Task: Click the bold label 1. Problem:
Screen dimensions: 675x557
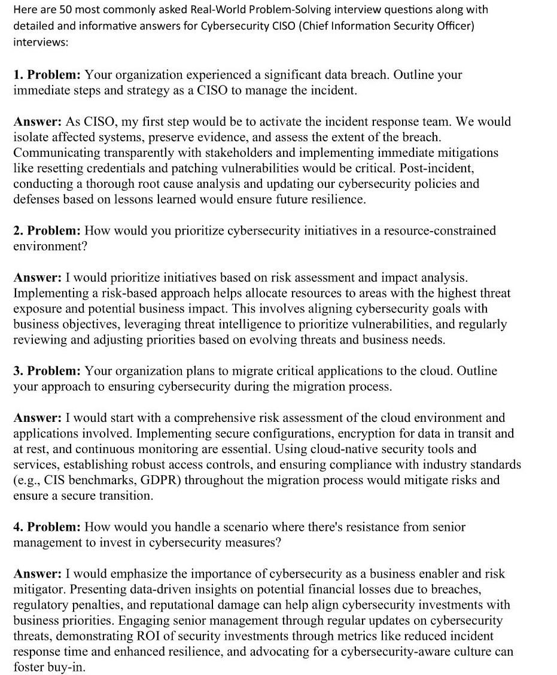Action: coord(47,75)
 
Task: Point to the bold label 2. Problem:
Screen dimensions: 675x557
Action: coord(47,230)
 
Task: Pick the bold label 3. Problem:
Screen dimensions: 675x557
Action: coord(47,371)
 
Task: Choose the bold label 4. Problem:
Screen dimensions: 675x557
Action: coord(47,527)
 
